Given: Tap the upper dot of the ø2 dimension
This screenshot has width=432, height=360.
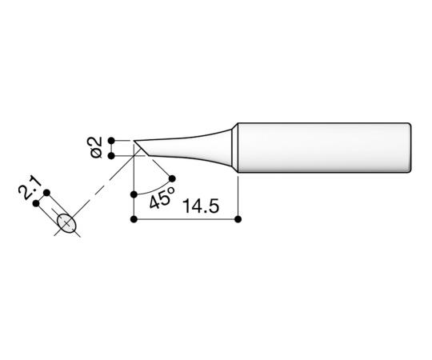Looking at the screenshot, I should pos(112,138).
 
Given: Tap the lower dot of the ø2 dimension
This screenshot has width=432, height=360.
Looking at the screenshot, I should pos(112,155).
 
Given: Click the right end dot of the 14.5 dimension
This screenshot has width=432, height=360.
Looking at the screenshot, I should pos(238,218).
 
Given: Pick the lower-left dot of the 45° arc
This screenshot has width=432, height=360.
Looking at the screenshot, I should pos(133,194).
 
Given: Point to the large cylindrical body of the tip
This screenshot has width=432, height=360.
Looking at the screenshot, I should pos(320,147).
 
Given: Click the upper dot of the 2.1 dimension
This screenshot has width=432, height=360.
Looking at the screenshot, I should pos(47,192).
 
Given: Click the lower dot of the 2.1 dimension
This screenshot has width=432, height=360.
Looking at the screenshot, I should pos(36,203).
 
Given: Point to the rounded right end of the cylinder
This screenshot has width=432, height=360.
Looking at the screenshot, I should pos(410,147).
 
